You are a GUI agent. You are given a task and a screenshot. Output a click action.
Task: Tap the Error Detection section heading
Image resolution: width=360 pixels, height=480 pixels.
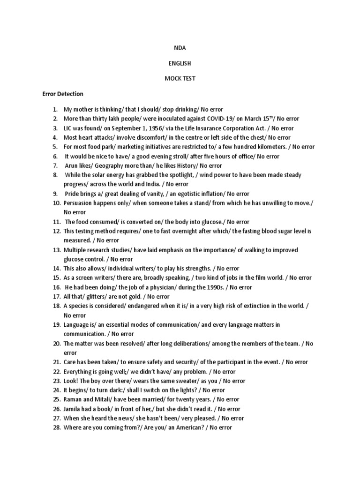(x=63, y=94)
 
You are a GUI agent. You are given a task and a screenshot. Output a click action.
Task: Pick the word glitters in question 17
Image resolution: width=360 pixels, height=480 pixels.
(x=94, y=297)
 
